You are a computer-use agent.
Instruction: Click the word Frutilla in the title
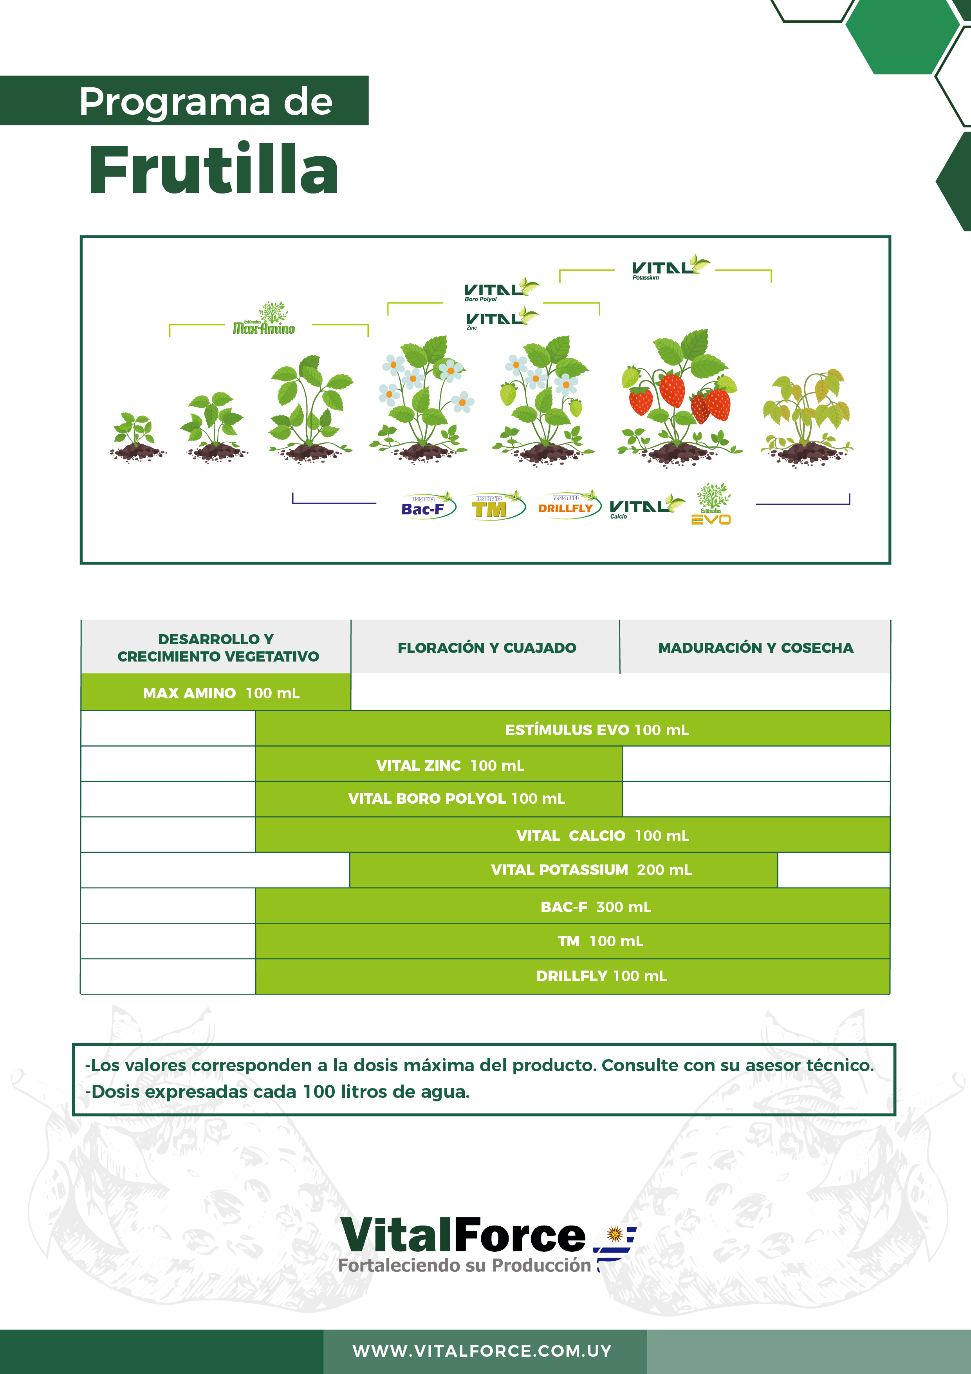[214, 170]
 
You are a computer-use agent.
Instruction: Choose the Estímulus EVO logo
[711, 505]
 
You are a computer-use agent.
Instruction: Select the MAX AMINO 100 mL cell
[221, 693]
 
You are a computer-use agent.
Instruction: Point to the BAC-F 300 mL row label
[595, 907]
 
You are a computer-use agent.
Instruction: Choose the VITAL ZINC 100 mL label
[450, 765]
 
